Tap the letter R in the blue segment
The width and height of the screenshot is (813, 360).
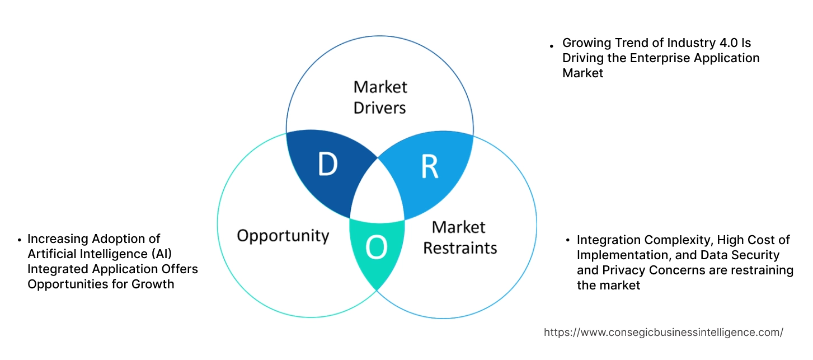click(x=429, y=166)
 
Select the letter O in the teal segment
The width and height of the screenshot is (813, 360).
click(x=377, y=249)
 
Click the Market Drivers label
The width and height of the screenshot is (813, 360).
click(x=380, y=97)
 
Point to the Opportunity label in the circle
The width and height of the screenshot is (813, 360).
click(x=283, y=235)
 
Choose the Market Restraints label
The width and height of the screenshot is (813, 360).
click(x=459, y=237)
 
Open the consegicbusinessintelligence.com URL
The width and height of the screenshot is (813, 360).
click(x=663, y=332)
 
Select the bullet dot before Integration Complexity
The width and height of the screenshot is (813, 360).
click(x=568, y=241)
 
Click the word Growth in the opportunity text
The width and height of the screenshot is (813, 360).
click(x=153, y=284)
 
